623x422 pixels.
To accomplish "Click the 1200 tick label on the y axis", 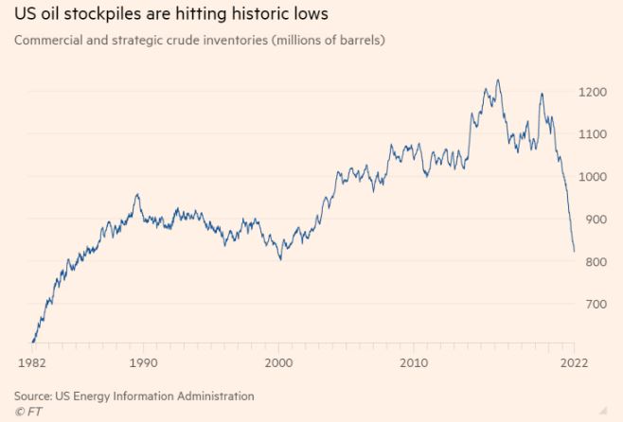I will point(597,92).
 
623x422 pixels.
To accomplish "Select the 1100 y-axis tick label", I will point(597,134).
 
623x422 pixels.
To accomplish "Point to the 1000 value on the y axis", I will point(597,177).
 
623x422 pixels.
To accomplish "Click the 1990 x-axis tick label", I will point(143,362).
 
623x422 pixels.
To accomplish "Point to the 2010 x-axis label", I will point(413,362).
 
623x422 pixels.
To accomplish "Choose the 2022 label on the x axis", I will point(574,362).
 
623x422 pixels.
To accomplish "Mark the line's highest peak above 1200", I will point(498,80).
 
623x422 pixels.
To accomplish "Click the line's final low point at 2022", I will point(574,252).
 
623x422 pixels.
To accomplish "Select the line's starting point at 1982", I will point(33,342).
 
